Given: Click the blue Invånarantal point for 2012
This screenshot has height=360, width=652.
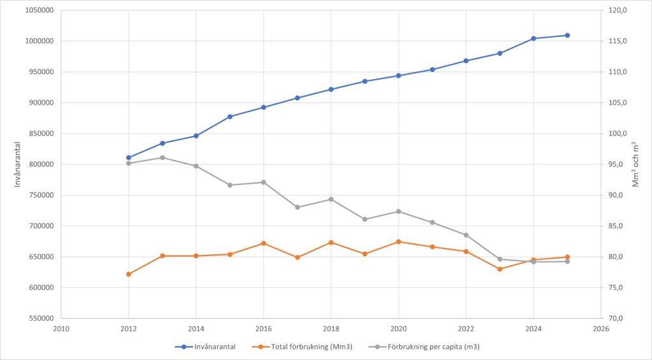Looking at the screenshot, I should (129, 157).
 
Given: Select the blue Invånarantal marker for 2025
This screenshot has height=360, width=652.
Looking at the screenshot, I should (567, 35).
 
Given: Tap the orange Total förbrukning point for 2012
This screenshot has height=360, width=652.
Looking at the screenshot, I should (129, 274).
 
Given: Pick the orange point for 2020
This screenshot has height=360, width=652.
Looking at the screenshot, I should (399, 241).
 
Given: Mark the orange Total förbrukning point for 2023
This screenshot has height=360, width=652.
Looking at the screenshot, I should (500, 269).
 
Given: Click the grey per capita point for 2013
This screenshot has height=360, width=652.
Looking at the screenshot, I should (162, 157).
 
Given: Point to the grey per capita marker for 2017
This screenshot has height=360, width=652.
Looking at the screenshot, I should (297, 207).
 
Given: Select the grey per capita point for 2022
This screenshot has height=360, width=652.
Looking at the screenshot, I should (466, 235).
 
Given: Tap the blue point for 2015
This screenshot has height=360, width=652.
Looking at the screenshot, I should (230, 117).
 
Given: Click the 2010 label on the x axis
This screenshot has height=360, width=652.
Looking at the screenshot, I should (61, 329).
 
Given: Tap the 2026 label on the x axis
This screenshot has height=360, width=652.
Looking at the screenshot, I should (601, 329).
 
